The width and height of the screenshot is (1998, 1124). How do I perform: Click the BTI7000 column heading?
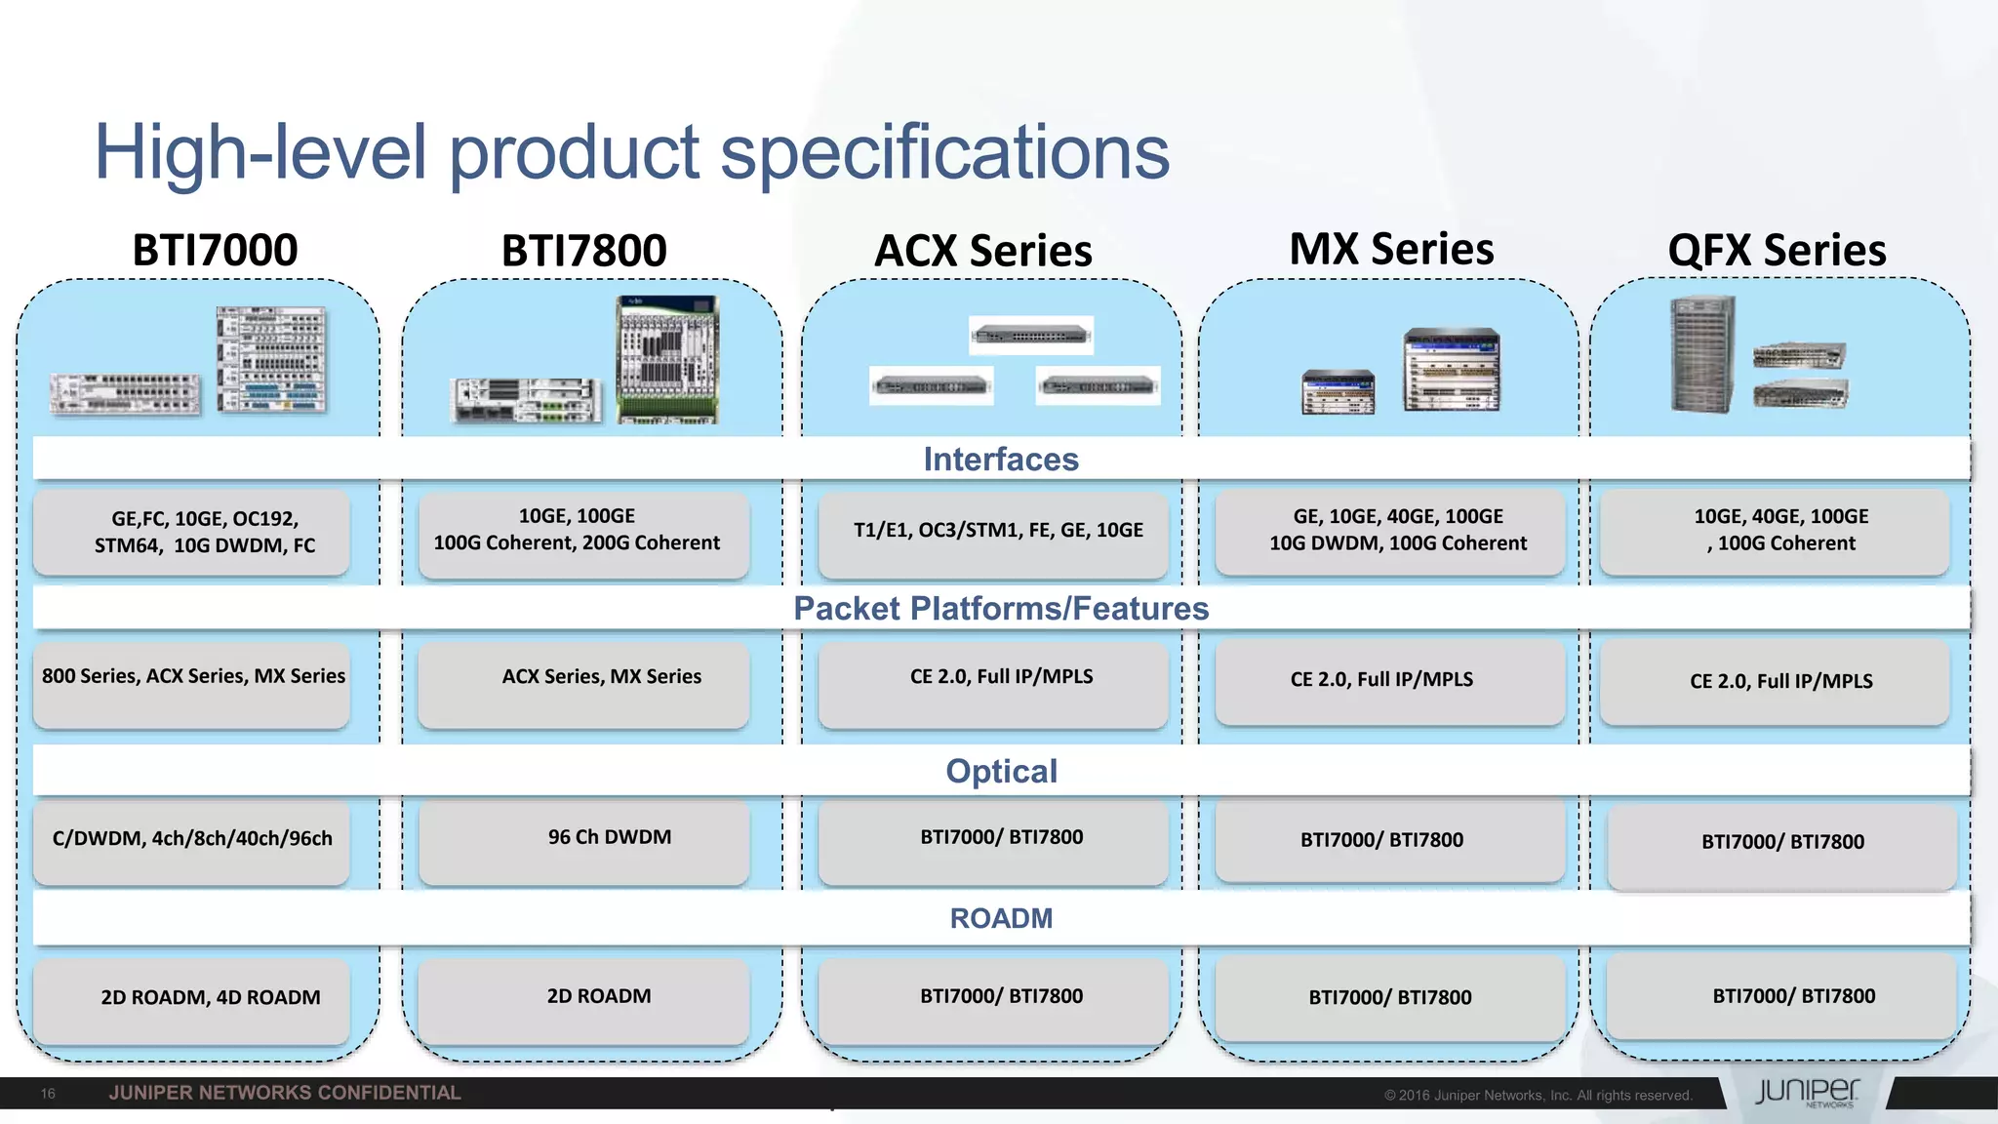215,250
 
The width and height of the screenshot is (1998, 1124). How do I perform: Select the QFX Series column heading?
1777,251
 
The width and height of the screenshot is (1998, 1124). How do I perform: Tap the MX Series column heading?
1391,249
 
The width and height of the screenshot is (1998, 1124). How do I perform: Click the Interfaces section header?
1001,460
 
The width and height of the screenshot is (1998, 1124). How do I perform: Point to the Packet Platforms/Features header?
1001,609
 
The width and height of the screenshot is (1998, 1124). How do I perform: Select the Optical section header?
1001,772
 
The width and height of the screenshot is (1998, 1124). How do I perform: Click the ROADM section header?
1001,919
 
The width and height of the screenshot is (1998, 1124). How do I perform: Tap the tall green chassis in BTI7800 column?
667,359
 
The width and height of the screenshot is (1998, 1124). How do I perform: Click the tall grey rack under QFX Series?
1703,353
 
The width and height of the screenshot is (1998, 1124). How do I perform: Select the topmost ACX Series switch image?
1030,335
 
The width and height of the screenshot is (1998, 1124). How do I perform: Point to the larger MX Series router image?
1452,370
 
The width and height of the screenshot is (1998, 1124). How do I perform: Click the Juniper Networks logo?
1807,1092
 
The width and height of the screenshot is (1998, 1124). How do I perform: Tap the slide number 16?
48,1094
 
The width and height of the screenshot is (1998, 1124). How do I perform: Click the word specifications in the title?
944,152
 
